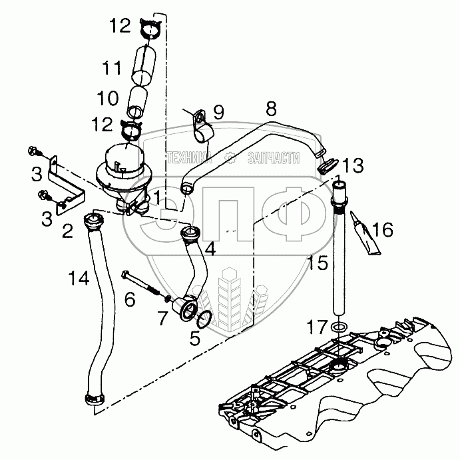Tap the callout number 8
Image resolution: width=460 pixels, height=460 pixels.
pos(270,108)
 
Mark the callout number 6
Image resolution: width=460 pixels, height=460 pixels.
pos(129,299)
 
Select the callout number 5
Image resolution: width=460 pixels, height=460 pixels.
pos(194,337)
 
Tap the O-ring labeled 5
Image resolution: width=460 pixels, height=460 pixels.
pos(206,319)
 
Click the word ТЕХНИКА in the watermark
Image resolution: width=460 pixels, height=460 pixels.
pos(191,159)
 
